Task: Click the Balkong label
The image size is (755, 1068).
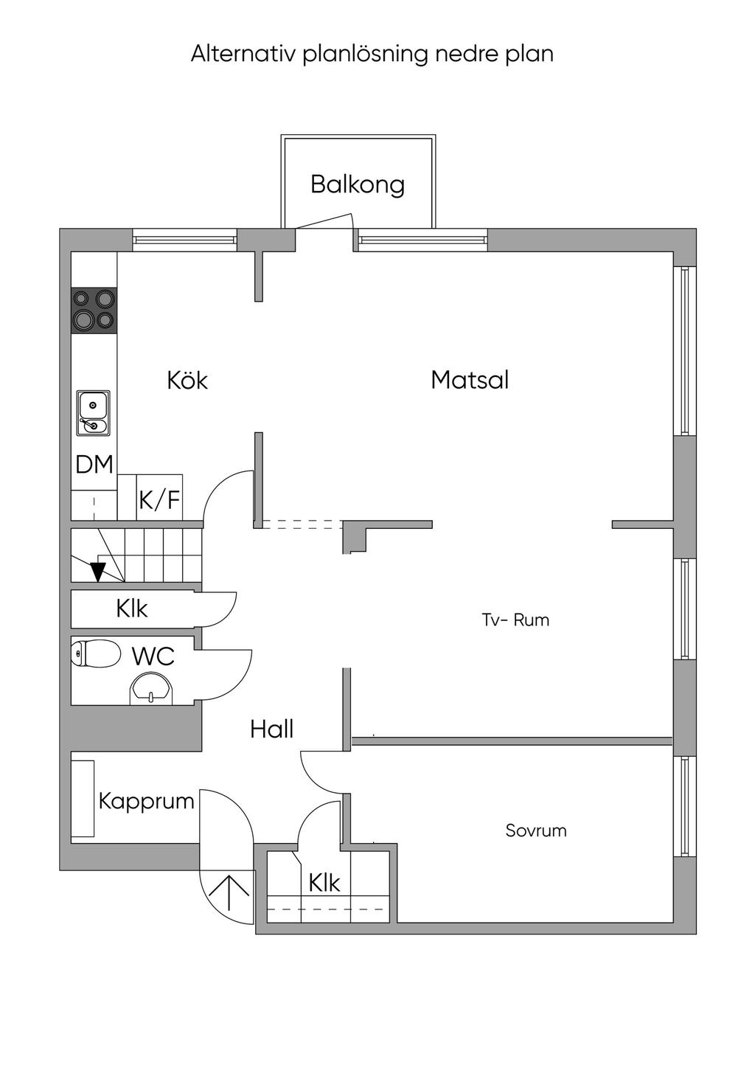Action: (x=358, y=184)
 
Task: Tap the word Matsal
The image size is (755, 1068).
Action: (x=470, y=380)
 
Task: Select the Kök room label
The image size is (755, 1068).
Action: (x=187, y=380)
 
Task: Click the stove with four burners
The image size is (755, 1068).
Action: (x=94, y=310)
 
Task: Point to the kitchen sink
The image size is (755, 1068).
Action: (x=94, y=413)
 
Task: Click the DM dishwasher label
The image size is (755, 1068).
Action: (x=94, y=464)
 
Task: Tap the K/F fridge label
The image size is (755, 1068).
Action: (x=159, y=500)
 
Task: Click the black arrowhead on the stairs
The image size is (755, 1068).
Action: (x=98, y=572)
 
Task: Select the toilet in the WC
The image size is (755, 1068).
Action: (x=95, y=653)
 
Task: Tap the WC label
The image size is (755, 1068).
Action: (x=153, y=656)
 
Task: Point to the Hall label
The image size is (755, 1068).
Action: (x=271, y=729)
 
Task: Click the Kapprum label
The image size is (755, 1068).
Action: (x=146, y=802)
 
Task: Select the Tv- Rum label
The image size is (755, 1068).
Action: (x=515, y=620)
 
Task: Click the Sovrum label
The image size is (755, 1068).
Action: (x=536, y=831)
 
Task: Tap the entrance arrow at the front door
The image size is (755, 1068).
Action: (x=230, y=892)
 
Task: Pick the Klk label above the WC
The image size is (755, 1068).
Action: (x=131, y=608)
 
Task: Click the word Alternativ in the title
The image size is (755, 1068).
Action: (x=243, y=54)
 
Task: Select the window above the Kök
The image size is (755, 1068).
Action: (x=184, y=240)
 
